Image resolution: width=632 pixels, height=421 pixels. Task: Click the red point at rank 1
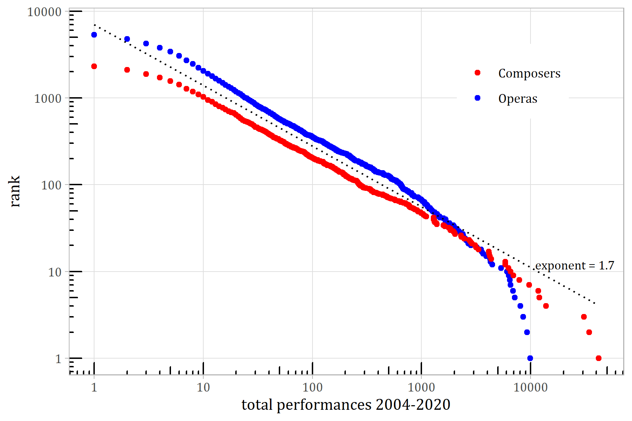click(599, 358)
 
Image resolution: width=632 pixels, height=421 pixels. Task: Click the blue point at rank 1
click(530, 358)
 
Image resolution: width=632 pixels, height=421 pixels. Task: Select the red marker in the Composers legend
click(478, 73)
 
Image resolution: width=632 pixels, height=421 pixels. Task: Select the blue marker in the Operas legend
click(478, 98)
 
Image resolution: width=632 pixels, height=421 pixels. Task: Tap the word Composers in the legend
click(529, 73)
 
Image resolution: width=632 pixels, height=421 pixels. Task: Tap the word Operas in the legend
click(518, 99)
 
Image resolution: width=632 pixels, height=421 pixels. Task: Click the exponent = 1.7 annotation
click(575, 266)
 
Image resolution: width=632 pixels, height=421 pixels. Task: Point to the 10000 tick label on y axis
click(44, 12)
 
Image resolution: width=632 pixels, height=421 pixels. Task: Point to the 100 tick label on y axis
click(51, 185)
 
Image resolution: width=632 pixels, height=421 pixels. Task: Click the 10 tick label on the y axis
click(55, 272)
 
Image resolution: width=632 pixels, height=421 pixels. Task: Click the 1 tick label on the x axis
click(94, 388)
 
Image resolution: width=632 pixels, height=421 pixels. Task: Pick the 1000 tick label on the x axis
click(421, 388)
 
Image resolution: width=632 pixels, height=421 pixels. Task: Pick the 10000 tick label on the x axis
click(530, 388)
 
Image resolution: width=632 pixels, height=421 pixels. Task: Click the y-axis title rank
click(15, 191)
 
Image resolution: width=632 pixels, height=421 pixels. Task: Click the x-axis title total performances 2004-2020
click(346, 405)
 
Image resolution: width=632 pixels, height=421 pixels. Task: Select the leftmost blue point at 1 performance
click(94, 35)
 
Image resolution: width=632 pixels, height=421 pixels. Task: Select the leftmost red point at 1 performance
click(94, 66)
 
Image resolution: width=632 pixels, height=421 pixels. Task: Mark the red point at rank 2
click(589, 332)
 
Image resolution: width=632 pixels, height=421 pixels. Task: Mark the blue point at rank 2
click(527, 332)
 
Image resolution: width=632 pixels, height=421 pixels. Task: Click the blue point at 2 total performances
click(127, 39)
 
